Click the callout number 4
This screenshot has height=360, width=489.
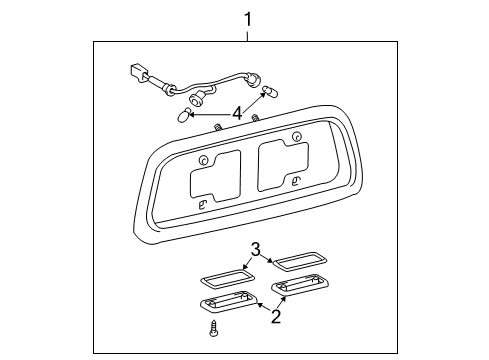(x=236, y=113)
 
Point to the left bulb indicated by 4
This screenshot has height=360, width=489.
(x=184, y=116)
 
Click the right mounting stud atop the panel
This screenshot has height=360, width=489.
(x=257, y=120)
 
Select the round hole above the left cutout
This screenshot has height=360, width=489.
(x=203, y=161)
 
